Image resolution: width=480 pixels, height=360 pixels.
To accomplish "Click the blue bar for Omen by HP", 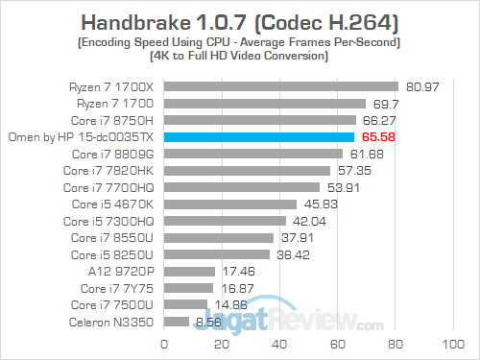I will coord(259,137).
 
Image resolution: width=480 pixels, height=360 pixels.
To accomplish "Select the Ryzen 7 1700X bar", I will coord(281,86).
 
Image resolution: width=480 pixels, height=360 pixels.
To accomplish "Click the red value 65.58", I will coord(376,137).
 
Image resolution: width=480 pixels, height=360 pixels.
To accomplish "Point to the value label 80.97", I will coord(420,86).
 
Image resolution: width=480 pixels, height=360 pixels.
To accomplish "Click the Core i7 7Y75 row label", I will coord(130,289).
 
